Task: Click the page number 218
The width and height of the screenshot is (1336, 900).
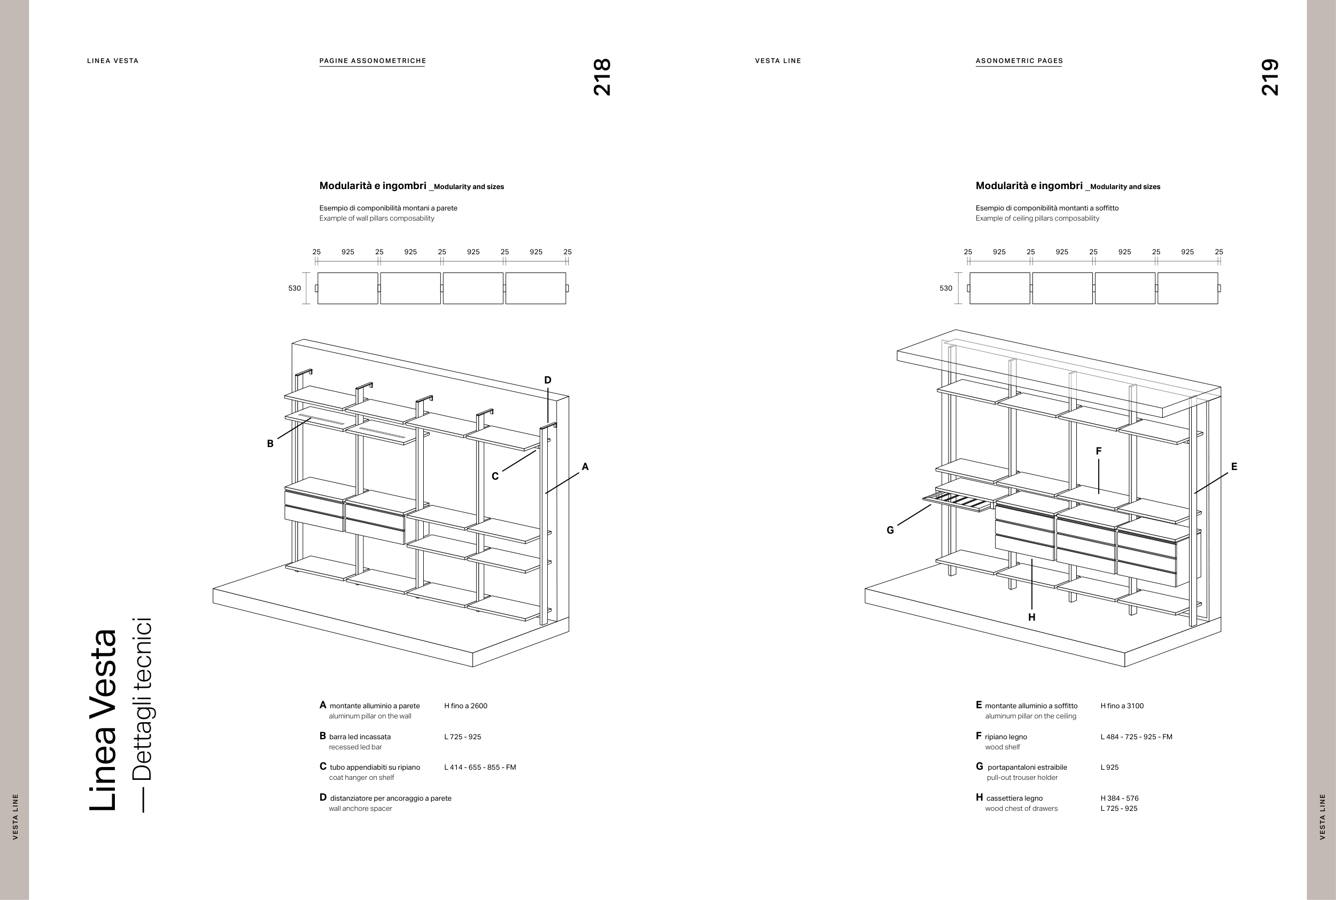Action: coord(602,76)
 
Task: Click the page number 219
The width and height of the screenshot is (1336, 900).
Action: coord(1269,76)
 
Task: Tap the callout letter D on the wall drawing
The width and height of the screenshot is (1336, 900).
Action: coord(547,380)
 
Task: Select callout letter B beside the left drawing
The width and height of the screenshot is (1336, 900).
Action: coord(270,444)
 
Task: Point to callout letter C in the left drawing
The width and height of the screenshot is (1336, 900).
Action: coord(495,476)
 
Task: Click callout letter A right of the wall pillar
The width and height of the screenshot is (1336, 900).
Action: coord(585,467)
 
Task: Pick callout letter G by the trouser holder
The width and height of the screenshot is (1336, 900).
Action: coord(890,530)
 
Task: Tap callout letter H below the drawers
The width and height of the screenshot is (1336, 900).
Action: coord(1031,617)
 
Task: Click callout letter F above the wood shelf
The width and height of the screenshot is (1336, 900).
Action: coord(1098,451)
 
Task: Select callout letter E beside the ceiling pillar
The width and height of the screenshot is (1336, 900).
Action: coord(1234,467)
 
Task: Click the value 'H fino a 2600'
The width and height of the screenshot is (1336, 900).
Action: coord(465,706)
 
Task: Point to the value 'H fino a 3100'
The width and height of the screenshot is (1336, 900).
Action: coord(1122,706)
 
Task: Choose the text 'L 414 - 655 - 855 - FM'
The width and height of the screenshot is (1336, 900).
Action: coord(480,768)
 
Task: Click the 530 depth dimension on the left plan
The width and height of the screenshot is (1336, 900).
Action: coord(294,288)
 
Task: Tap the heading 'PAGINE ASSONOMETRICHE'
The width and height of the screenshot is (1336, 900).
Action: coord(372,61)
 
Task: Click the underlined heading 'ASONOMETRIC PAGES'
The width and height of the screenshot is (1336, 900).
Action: coord(1019,61)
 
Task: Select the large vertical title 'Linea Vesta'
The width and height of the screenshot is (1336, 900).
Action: coord(103,721)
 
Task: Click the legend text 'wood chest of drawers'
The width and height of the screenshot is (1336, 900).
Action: coord(1021,809)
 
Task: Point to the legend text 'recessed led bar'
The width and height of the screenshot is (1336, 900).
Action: coord(355,747)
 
